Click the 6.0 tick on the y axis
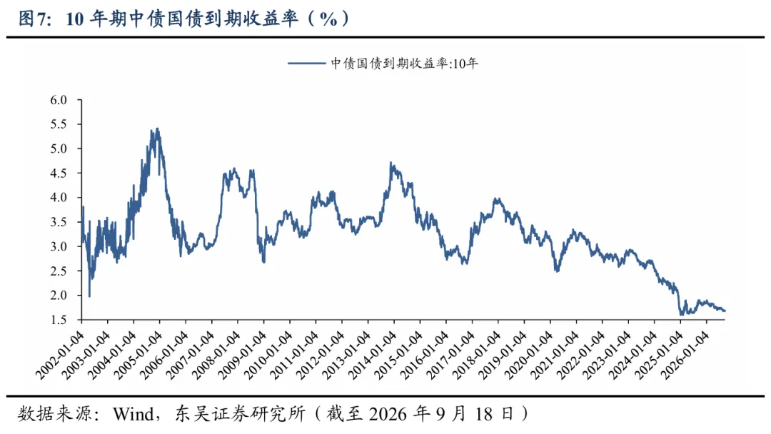pos(58,100)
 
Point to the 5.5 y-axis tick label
pos(58,124)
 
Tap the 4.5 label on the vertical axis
pos(58,173)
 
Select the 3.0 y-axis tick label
pos(58,246)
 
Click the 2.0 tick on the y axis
pos(58,296)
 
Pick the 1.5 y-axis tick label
pos(58,320)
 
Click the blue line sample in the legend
pos(306,63)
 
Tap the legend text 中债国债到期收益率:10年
pos(404,64)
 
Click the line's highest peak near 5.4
pos(157,128)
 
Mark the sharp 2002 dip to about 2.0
pos(89,296)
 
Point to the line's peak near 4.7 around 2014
pos(391,163)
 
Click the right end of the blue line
pos(725,311)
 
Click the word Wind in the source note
pos(133,414)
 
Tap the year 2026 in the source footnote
pos(388,414)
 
